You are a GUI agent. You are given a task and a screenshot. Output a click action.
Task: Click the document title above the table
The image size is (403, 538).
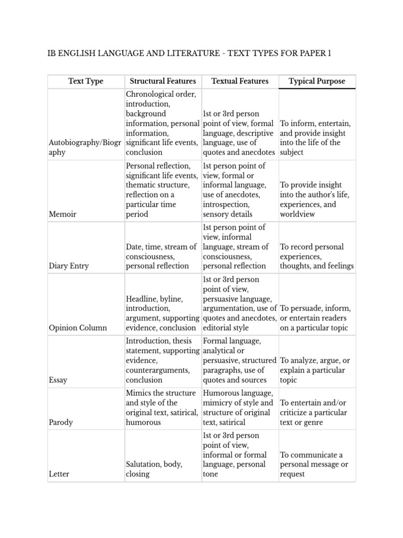tap(189, 54)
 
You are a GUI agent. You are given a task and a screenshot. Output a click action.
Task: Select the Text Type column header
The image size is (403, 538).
tap(86, 81)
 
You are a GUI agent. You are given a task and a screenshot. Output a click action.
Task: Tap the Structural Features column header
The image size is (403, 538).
tap(163, 81)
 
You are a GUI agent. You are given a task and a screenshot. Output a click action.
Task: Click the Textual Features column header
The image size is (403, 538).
tap(240, 81)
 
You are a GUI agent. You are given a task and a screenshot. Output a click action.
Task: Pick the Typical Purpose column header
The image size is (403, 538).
tap(317, 81)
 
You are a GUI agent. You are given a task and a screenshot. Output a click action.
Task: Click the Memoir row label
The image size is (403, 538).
tap(62, 214)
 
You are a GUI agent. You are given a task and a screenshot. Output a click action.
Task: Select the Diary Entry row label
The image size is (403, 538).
tap(68, 266)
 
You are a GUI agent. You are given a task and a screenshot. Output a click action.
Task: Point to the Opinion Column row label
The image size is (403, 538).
tap(77, 328)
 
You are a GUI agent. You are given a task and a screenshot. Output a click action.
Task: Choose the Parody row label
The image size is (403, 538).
tap(60, 422)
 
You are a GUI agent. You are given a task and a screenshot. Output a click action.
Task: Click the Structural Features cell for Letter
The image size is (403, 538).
tap(154, 469)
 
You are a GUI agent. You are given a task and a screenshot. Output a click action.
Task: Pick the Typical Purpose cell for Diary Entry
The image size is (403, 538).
tap(317, 256)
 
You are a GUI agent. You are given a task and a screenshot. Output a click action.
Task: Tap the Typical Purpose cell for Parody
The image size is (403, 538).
tap(313, 412)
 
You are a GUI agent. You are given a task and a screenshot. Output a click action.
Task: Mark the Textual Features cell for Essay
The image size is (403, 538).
tap(240, 360)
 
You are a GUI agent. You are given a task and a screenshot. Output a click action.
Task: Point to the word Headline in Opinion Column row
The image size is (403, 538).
tap(142, 298)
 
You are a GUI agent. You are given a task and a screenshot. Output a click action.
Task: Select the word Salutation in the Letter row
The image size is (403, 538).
tap(143, 464)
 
